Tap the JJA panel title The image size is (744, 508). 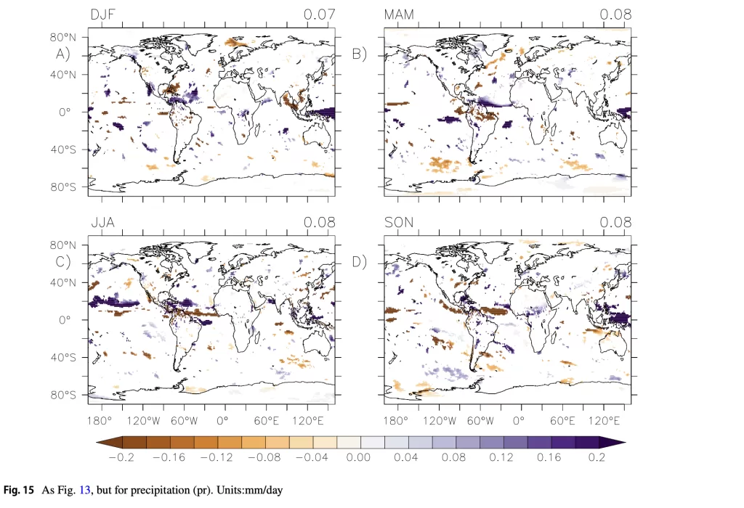pyautogui.click(x=103, y=222)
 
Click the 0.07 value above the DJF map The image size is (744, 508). pyautogui.click(x=320, y=15)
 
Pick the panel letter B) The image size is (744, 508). pyautogui.click(x=360, y=54)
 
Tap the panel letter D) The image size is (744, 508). pyautogui.click(x=360, y=261)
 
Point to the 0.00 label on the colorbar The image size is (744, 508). pyautogui.click(x=359, y=458)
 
